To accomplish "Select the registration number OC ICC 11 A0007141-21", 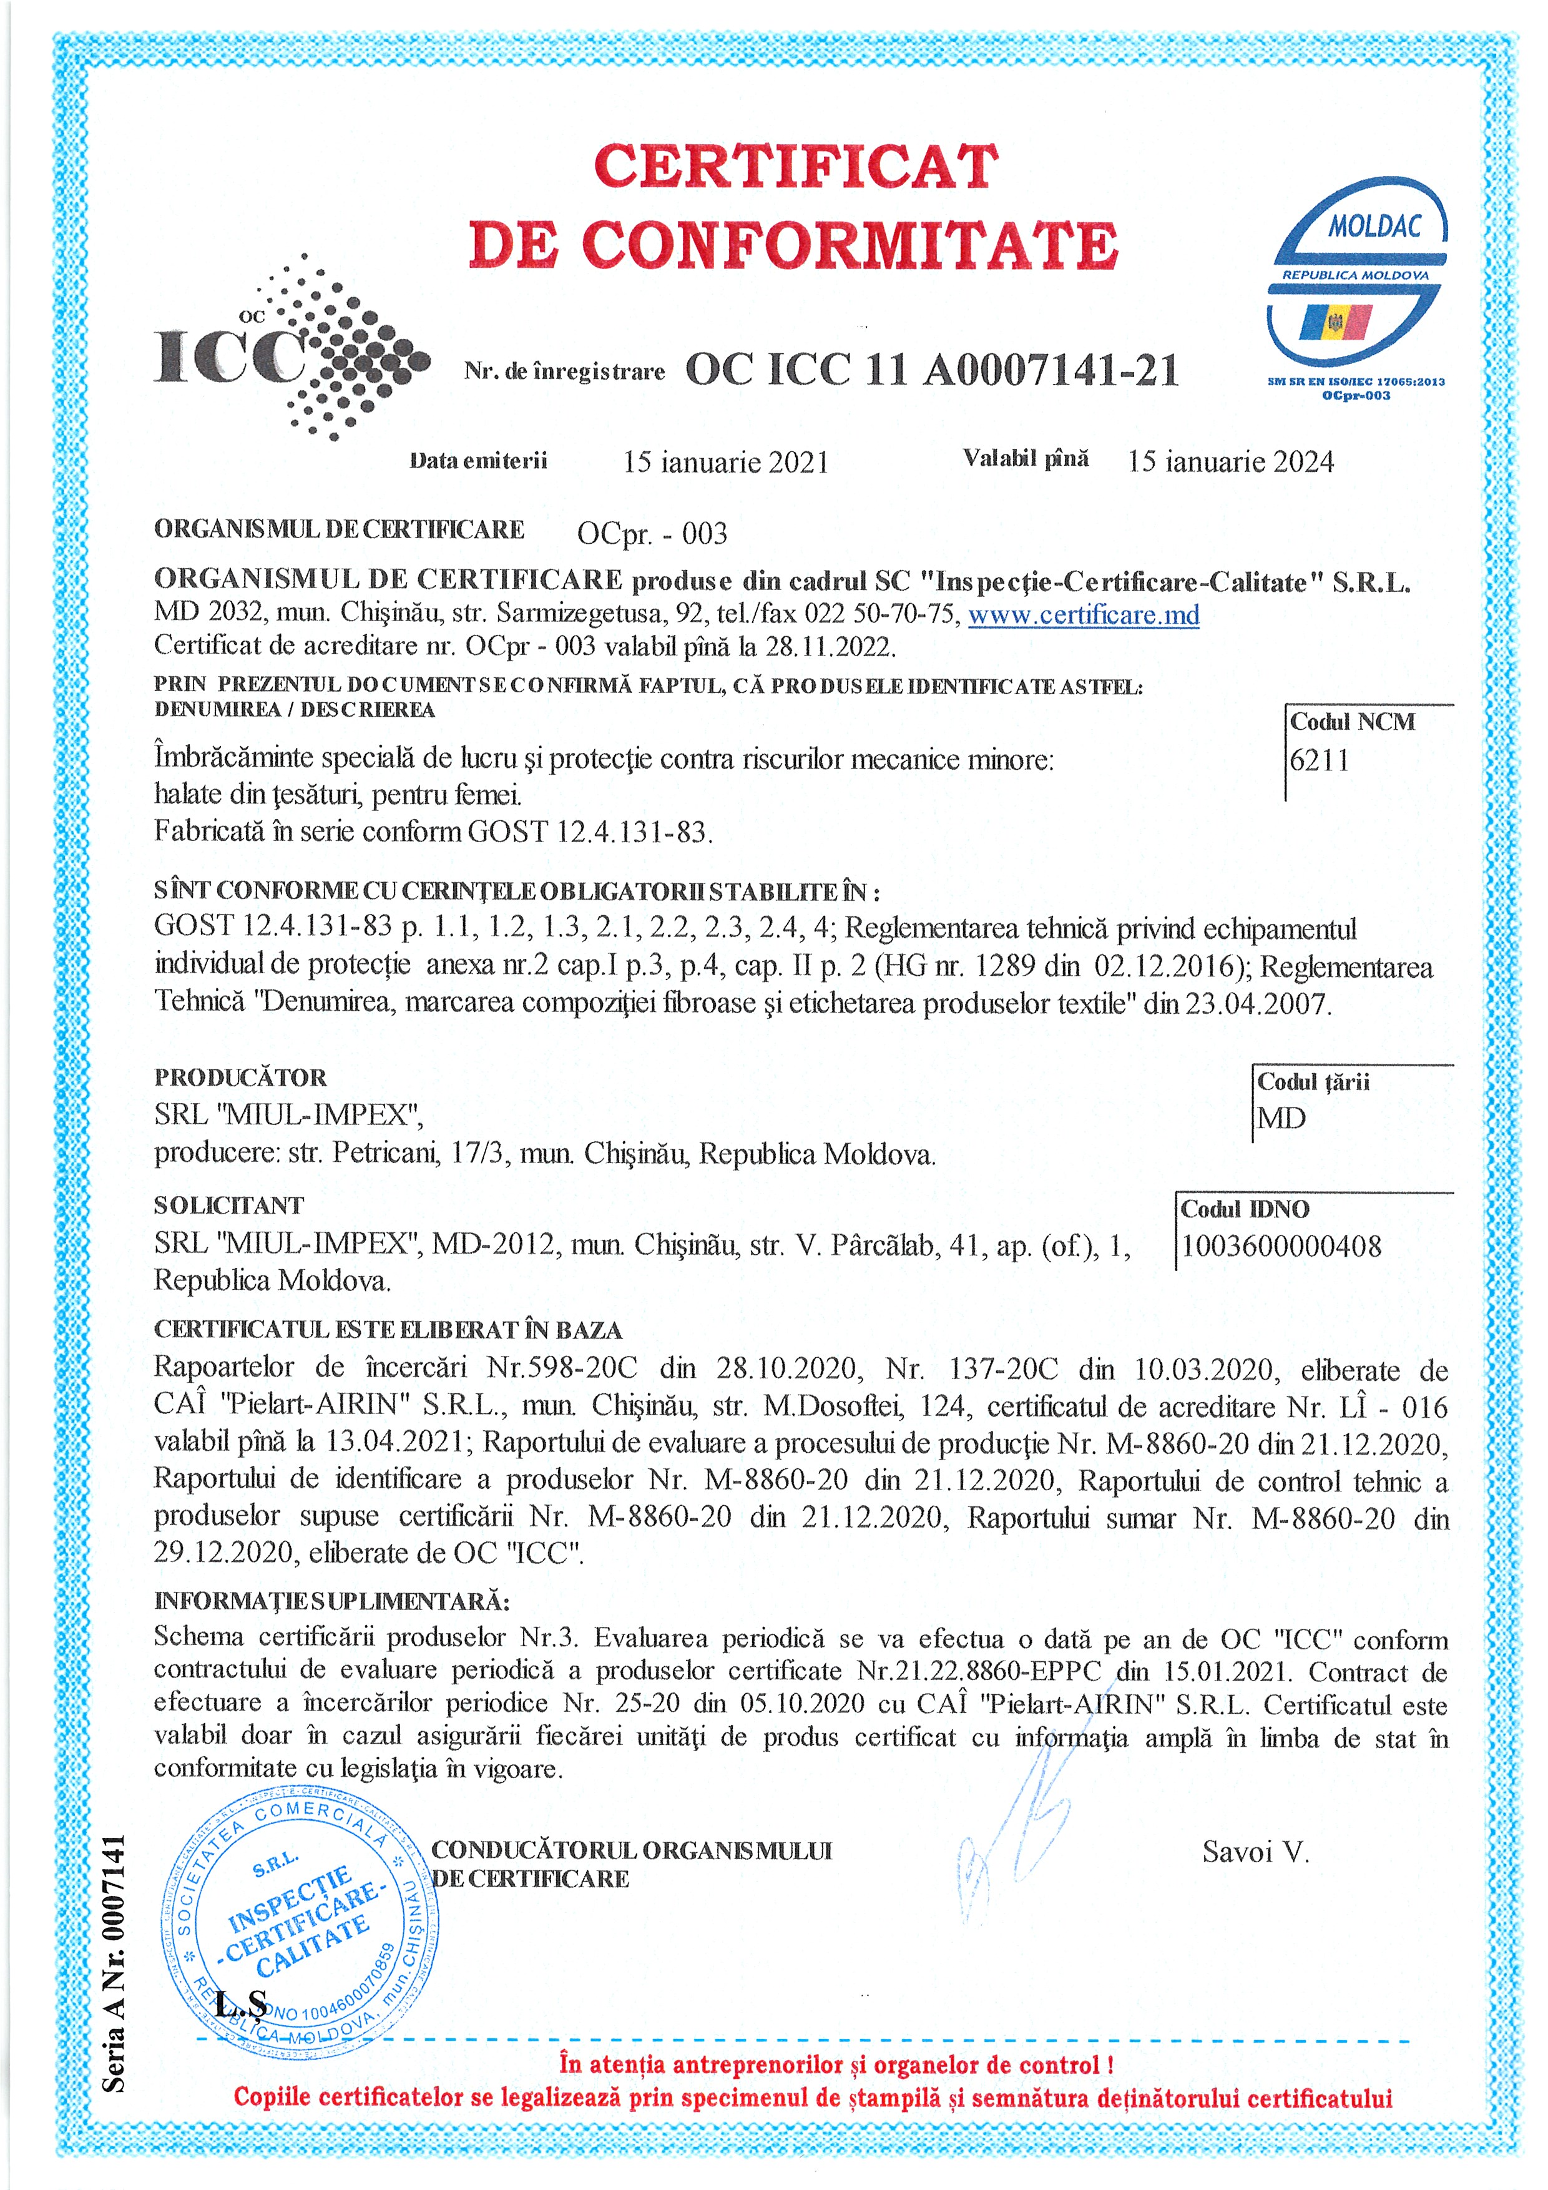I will point(932,371).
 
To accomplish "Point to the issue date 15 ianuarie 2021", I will point(726,463).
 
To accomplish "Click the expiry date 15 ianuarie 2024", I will point(1230,461).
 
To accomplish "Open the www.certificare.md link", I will point(1084,614).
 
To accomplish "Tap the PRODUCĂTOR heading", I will point(240,1078).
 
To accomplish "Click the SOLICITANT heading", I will point(229,1205).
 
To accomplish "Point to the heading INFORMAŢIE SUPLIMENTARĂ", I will point(331,1599).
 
